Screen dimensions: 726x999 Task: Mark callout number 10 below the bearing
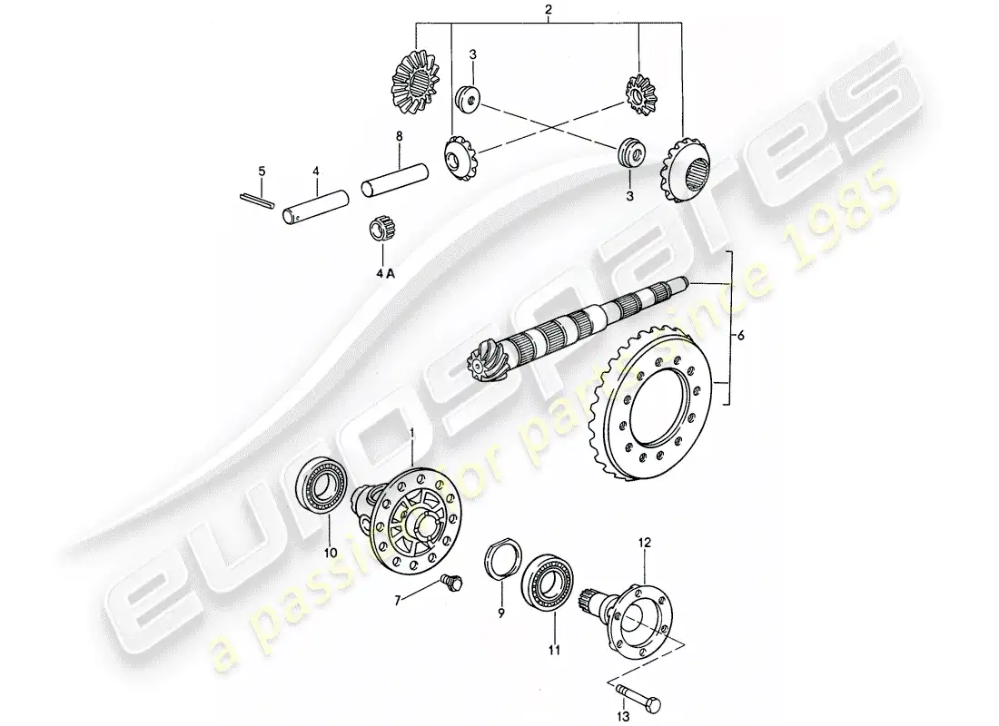(x=330, y=552)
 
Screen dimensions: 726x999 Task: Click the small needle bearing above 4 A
(x=382, y=229)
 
